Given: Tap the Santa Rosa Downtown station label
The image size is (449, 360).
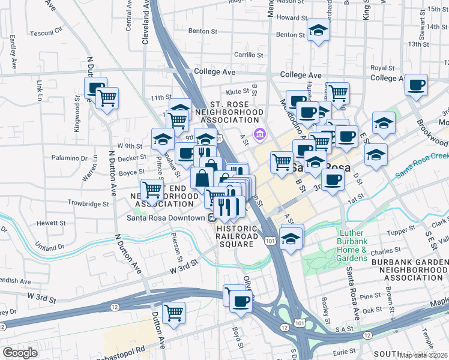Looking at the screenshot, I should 166,218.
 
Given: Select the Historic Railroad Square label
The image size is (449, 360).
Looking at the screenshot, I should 237,236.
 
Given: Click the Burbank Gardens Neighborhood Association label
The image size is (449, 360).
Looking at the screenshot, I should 410,270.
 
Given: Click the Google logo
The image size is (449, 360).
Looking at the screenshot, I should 20,353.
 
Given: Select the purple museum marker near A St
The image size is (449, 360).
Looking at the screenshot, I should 260,133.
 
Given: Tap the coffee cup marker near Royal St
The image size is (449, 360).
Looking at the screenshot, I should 415,85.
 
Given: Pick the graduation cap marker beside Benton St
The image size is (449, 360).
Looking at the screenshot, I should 318,29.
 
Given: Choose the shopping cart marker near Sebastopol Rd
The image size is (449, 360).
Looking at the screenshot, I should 173,312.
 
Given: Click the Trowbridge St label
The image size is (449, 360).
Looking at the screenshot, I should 88,203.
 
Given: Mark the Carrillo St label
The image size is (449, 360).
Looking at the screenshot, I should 249,55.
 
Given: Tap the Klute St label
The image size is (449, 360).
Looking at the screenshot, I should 237,92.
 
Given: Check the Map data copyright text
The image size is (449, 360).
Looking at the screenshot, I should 424,355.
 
